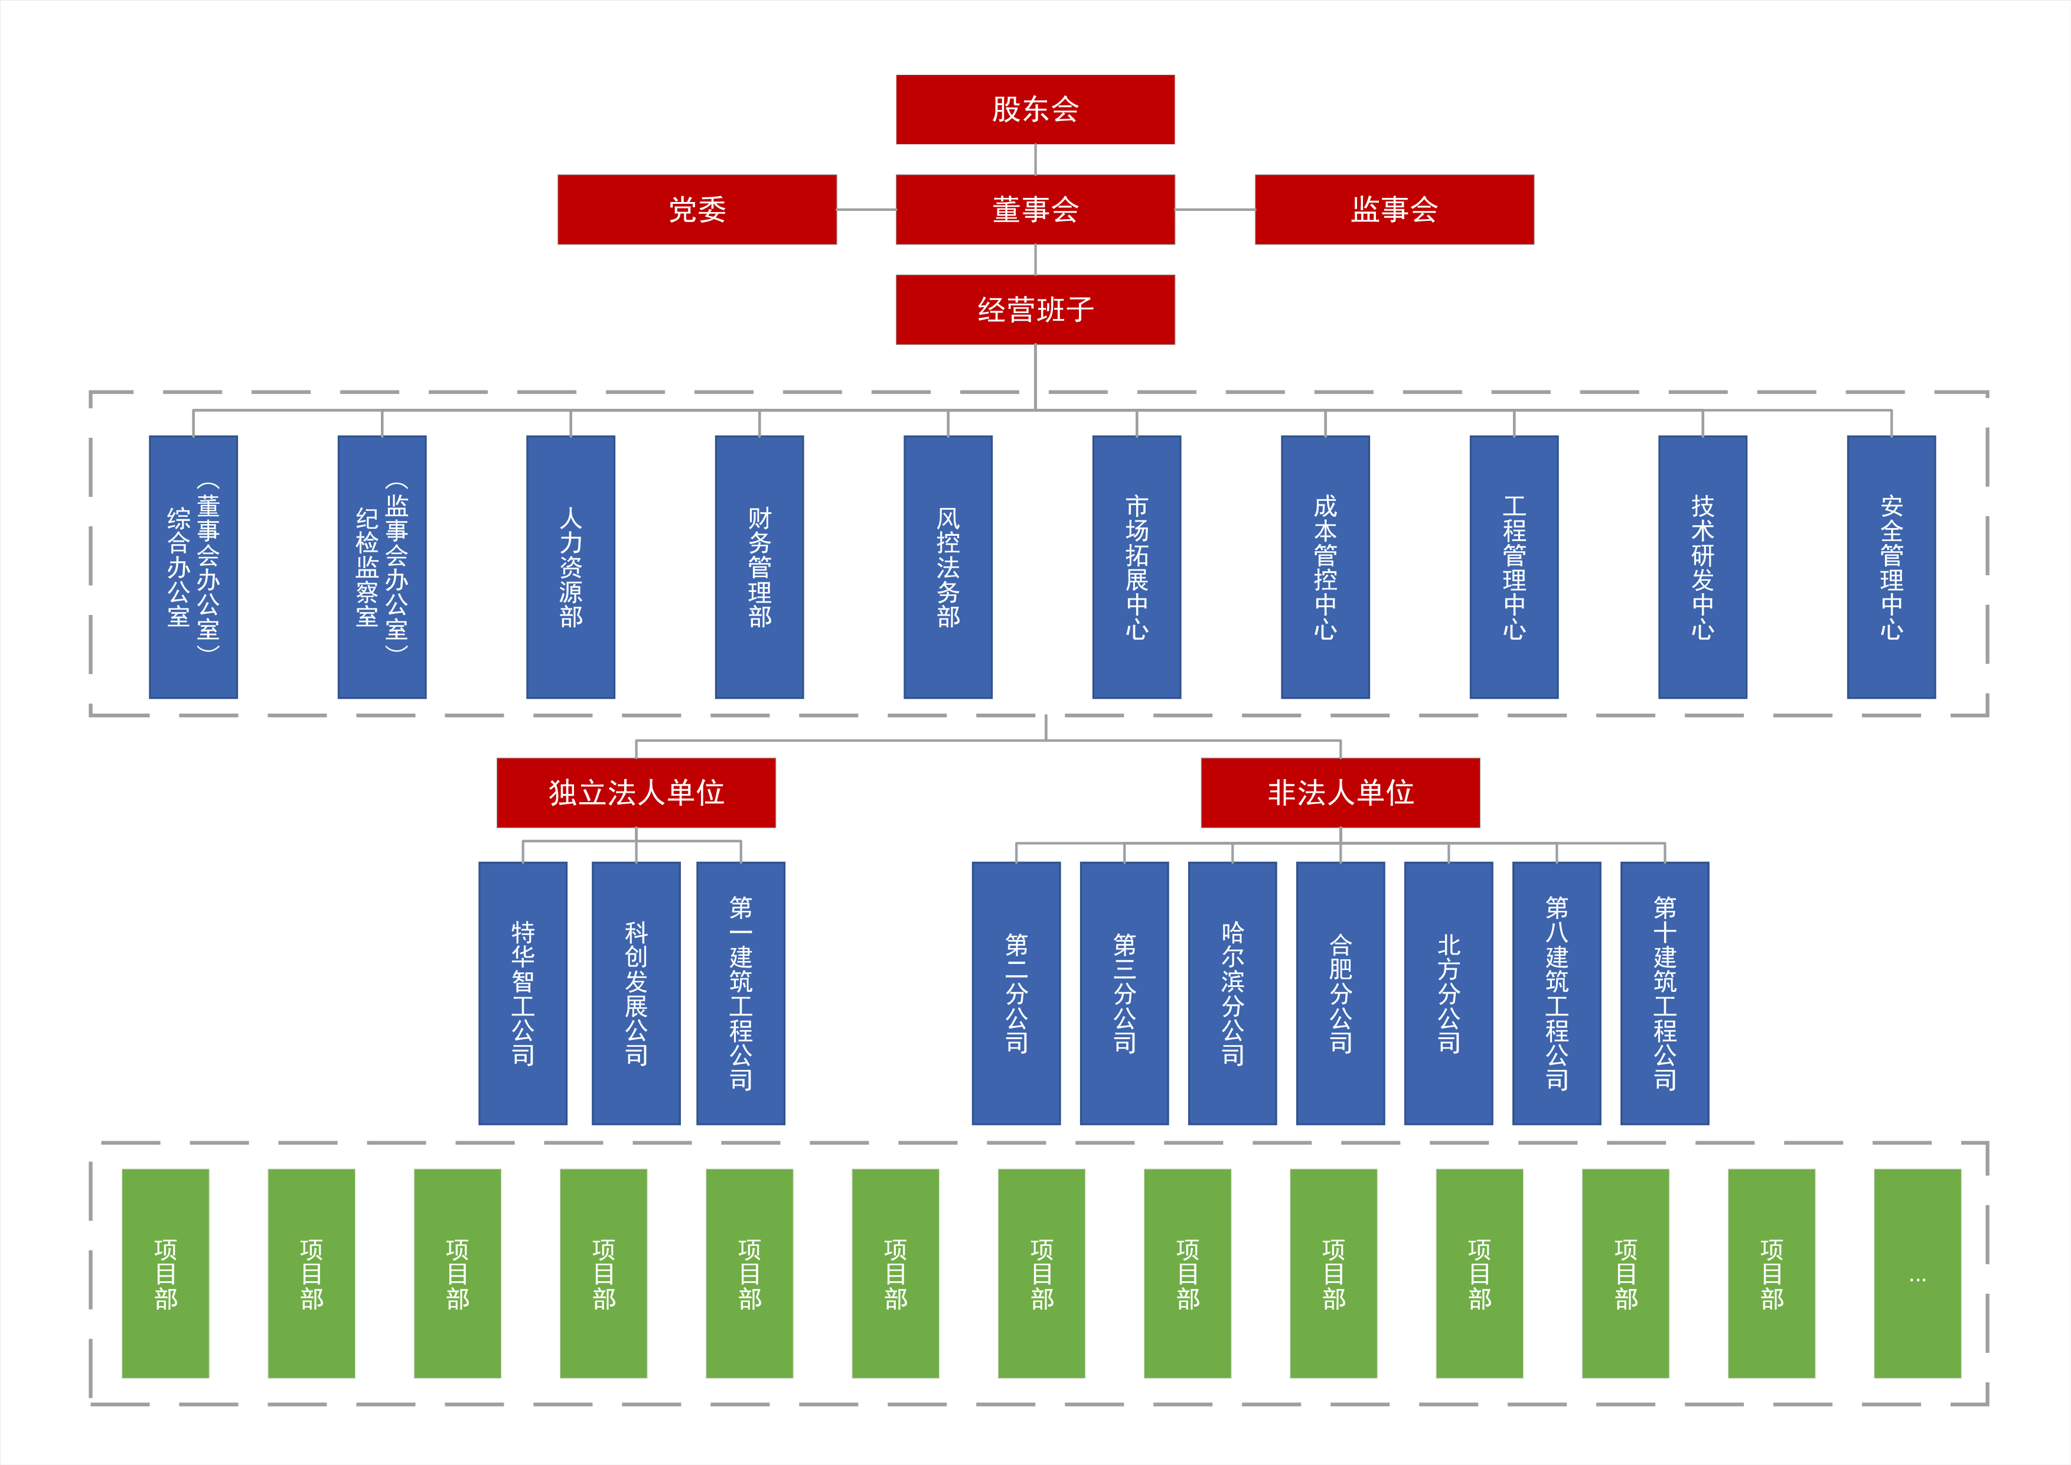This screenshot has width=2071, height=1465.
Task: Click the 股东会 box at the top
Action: tap(1035, 109)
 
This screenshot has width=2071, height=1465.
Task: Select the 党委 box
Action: tap(696, 209)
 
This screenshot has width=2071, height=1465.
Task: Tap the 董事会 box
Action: tap(1035, 209)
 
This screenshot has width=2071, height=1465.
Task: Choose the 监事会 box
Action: tap(1394, 209)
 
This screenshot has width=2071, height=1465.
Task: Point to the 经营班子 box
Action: tap(1035, 310)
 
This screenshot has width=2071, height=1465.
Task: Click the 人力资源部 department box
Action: tap(570, 567)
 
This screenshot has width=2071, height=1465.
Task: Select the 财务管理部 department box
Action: tap(759, 567)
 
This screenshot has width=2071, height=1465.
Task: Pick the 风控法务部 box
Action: tap(947, 567)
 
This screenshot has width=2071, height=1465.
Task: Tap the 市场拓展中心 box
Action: tap(1136, 567)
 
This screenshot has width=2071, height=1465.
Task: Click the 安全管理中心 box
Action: tap(1891, 567)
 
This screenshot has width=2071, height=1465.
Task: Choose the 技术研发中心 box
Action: tap(1702, 567)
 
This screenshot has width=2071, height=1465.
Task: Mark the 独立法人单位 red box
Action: tap(636, 792)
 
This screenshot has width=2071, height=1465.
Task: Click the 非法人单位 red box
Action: tap(1341, 792)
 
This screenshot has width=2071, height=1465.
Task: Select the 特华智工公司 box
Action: tap(522, 992)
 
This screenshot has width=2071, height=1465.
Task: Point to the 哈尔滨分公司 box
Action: tap(1232, 992)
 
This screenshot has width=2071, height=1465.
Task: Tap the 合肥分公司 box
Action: tap(1341, 992)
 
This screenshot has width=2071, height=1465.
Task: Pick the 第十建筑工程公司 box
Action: tap(1664, 992)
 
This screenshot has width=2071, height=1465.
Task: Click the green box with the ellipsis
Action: tap(1917, 1273)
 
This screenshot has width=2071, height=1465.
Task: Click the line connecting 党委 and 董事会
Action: tap(866, 209)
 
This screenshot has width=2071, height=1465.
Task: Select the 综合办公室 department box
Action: tap(193, 567)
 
